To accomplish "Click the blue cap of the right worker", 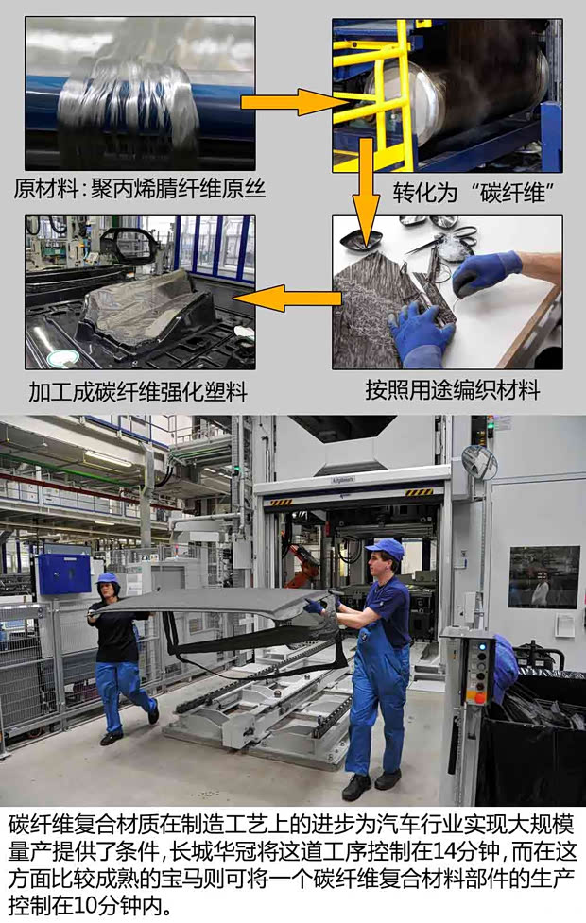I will (x=386, y=548).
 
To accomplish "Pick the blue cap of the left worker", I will (x=107, y=577).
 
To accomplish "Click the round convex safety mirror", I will (x=479, y=461).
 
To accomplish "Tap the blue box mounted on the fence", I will (x=63, y=573).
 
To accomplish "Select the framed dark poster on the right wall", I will (x=543, y=576).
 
